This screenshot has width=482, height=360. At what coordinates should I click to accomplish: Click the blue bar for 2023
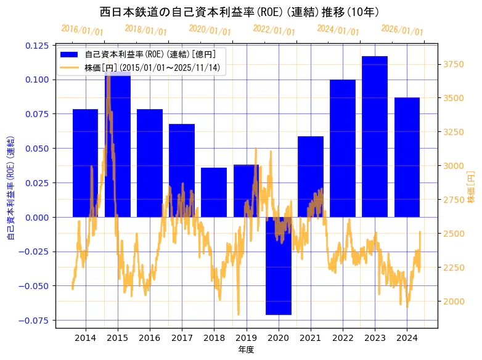pos(375,136)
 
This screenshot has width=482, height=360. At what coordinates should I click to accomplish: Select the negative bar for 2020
pos(278,266)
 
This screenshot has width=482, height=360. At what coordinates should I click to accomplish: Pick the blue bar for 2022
pos(343,148)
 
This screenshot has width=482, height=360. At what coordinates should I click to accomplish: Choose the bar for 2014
pos(85,163)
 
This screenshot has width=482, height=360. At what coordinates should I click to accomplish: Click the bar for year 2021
pos(311,176)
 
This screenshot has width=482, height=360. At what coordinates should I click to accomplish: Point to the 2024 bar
pos(407,157)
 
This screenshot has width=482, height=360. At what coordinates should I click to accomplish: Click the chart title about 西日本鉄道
pos(240,12)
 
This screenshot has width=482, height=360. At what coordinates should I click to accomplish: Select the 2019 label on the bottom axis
pos(246,338)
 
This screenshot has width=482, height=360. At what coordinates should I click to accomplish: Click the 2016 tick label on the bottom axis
pos(150,338)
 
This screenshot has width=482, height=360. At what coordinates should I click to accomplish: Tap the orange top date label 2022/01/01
pos(274,30)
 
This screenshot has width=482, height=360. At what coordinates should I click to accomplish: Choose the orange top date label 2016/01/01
pos(83,30)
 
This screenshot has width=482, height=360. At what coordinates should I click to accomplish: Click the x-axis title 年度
pos(247,350)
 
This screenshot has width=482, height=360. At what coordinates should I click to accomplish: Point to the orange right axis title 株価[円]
pos(471,187)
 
